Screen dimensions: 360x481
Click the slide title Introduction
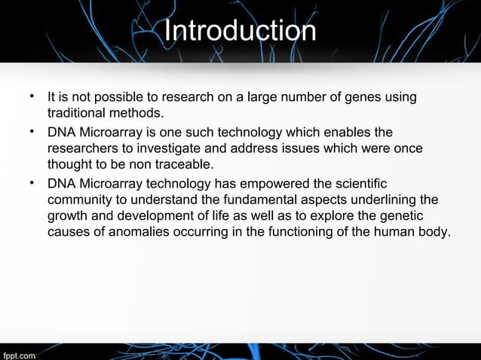(x=240, y=31)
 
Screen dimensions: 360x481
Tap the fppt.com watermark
(x=17, y=353)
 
